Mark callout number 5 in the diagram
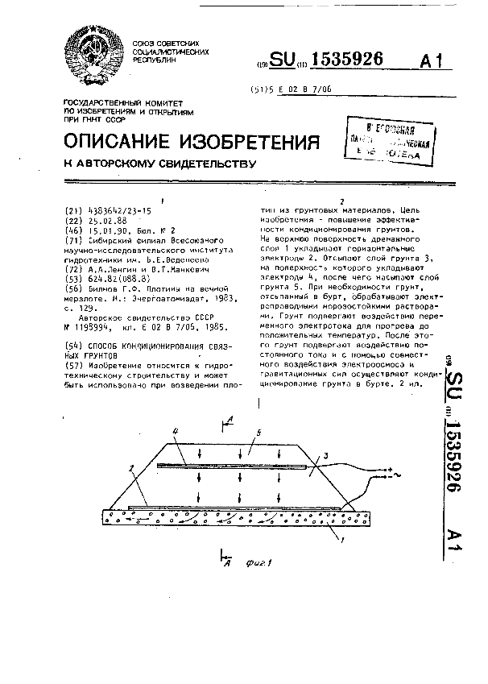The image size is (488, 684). click(257, 433)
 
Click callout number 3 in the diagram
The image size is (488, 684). click(324, 455)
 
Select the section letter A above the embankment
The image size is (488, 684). click(231, 419)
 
